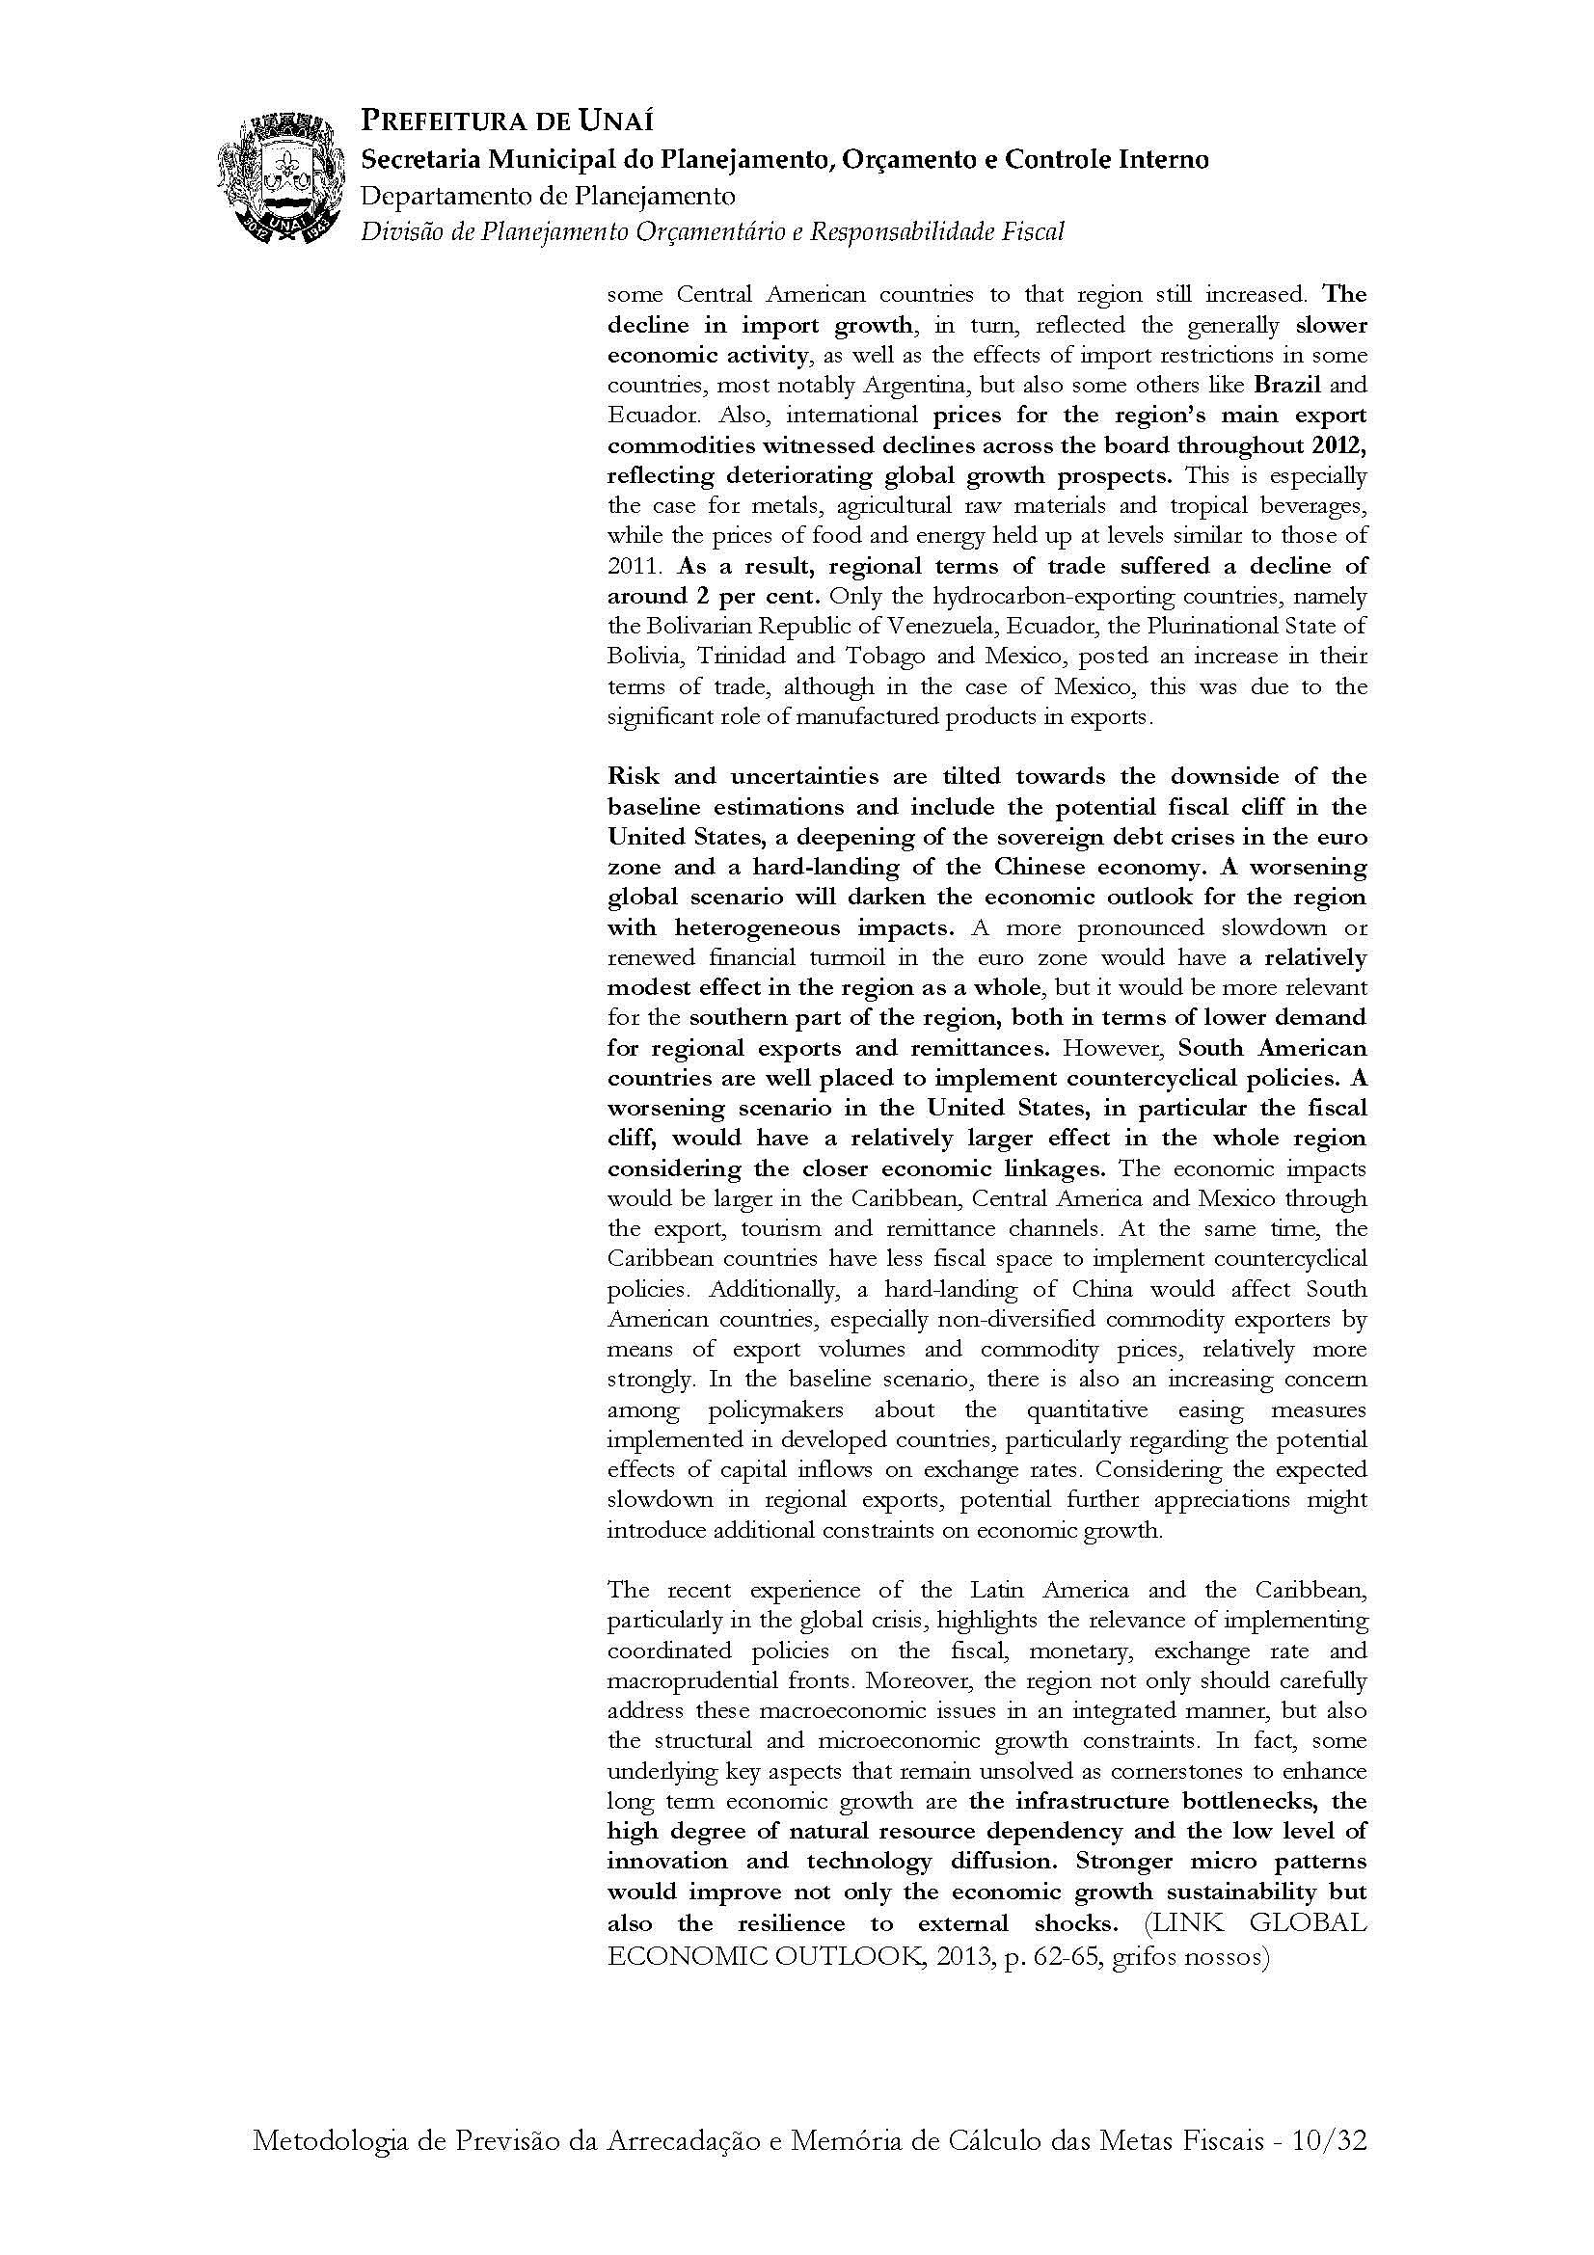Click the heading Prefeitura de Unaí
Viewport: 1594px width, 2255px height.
(x=507, y=121)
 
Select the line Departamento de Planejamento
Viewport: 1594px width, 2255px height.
(x=548, y=196)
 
